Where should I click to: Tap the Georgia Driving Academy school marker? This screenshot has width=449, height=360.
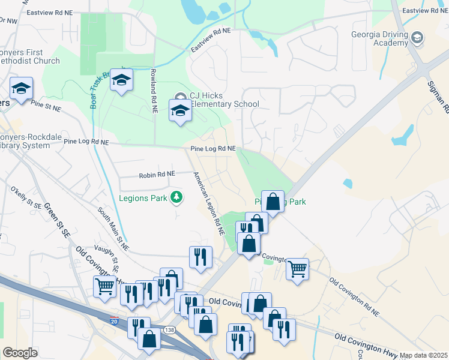416,39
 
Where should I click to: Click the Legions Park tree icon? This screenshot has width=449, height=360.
176,196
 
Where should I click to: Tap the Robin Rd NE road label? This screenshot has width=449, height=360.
157,174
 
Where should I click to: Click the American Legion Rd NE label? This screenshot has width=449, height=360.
208,202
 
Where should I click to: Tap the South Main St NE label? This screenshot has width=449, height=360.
113,228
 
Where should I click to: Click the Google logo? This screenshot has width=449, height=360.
20,353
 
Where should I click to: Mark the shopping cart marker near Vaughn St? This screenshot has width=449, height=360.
104,286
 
